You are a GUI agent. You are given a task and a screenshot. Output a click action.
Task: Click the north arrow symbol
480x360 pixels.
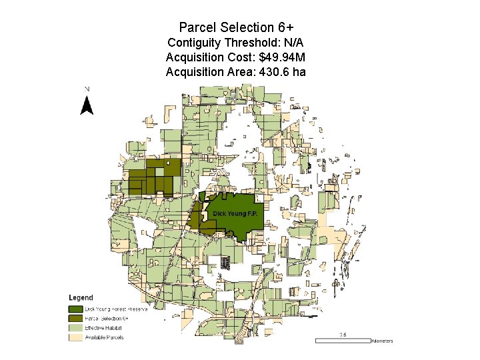click(x=87, y=105)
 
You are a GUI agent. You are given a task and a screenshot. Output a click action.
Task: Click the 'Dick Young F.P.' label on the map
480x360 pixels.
click(x=235, y=213)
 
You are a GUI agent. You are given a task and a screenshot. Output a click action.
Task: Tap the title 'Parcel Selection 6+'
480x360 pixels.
click(x=236, y=27)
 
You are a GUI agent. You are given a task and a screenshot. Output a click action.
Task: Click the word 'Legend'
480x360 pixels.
click(x=81, y=297)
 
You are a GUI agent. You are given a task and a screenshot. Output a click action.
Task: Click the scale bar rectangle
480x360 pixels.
click(x=342, y=340)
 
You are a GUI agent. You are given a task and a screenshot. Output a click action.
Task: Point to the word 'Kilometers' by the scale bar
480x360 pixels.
click(x=382, y=341)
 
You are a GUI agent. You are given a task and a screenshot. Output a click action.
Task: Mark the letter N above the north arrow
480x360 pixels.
click(x=87, y=89)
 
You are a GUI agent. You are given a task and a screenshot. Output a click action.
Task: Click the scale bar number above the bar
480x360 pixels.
click(x=343, y=334)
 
